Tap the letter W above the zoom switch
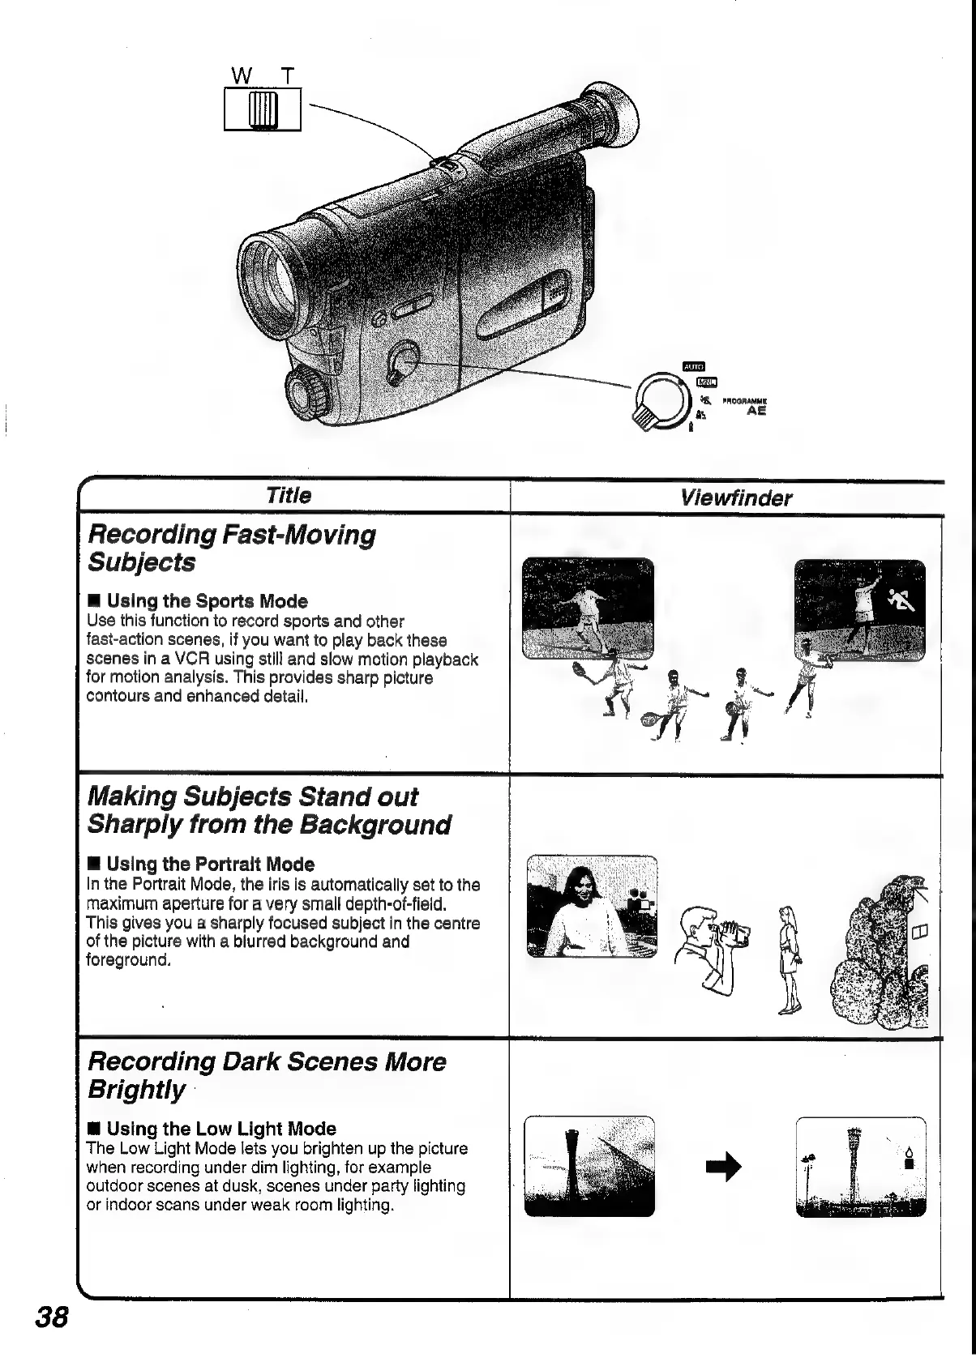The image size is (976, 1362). click(241, 76)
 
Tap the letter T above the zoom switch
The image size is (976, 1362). click(286, 76)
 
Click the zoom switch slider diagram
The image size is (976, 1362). click(263, 109)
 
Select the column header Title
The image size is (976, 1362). click(288, 495)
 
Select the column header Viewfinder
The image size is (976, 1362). click(736, 497)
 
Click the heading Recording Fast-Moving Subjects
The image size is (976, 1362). click(231, 548)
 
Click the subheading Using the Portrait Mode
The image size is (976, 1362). click(210, 864)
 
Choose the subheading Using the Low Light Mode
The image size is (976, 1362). click(220, 1129)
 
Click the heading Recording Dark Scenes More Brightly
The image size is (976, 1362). click(266, 1074)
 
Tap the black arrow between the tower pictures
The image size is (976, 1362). click(725, 1168)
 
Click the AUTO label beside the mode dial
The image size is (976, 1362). click(695, 366)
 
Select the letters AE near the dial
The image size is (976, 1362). click(756, 411)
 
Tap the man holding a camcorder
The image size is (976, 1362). click(711, 950)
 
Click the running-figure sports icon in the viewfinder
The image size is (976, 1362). click(902, 600)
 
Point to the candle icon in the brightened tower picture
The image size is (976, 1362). click(909, 1157)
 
